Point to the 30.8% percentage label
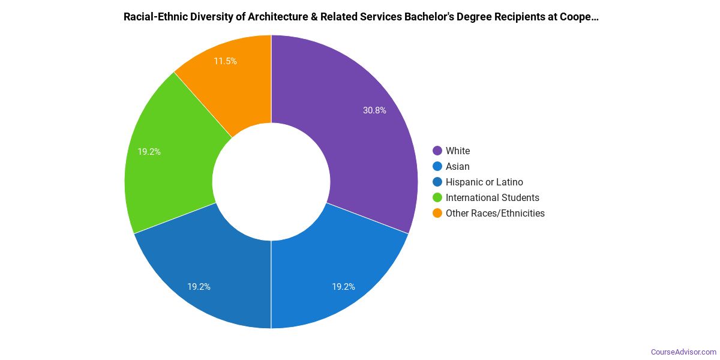[374, 110]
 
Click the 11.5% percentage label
[225, 61]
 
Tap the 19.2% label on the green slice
[149, 152]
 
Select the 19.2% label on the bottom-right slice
[343, 287]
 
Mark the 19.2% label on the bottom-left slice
[199, 287]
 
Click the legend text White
[458, 151]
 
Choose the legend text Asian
[458, 166]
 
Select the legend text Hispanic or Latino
[484, 182]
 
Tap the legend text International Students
[493, 197]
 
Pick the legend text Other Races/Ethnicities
[495, 213]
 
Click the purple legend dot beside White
[437, 151]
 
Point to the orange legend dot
[437, 213]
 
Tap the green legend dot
[437, 197]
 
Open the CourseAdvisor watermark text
[684, 352]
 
